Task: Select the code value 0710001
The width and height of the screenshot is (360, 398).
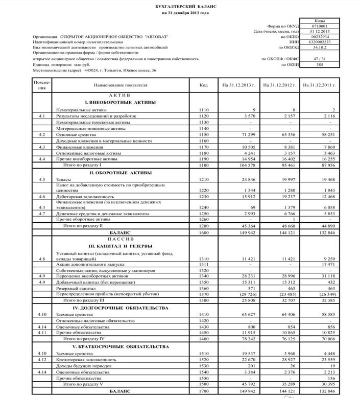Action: [x=319, y=26]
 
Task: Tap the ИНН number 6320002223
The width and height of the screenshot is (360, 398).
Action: [x=319, y=42]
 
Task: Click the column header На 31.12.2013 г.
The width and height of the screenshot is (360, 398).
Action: [x=238, y=84]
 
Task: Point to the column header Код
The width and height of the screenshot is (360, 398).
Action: [x=203, y=84]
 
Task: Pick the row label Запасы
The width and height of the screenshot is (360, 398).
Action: [x=64, y=180]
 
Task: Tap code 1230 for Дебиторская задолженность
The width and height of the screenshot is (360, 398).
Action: [x=203, y=196]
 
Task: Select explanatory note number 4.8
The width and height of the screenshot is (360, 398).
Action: [x=42, y=259]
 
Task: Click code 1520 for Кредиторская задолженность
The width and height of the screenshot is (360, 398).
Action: [x=203, y=360]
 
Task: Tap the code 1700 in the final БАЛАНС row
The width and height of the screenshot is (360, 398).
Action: [x=203, y=391]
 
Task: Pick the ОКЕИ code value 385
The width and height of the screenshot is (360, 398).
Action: [x=319, y=65]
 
